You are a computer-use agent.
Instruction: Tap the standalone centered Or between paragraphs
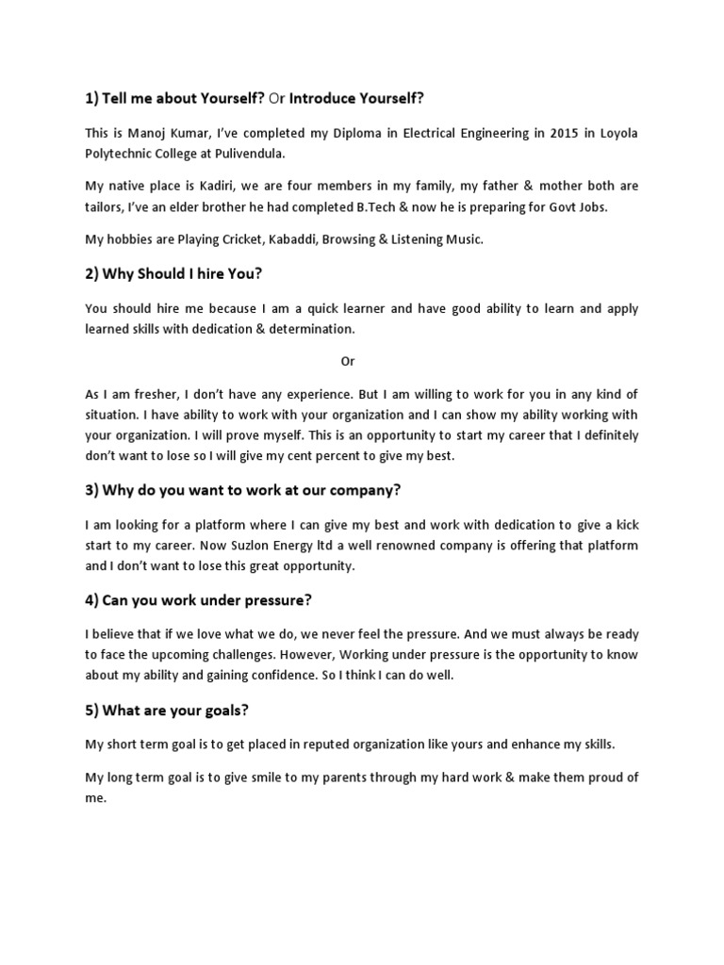[x=348, y=361]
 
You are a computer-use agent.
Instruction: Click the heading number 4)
[x=93, y=601]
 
